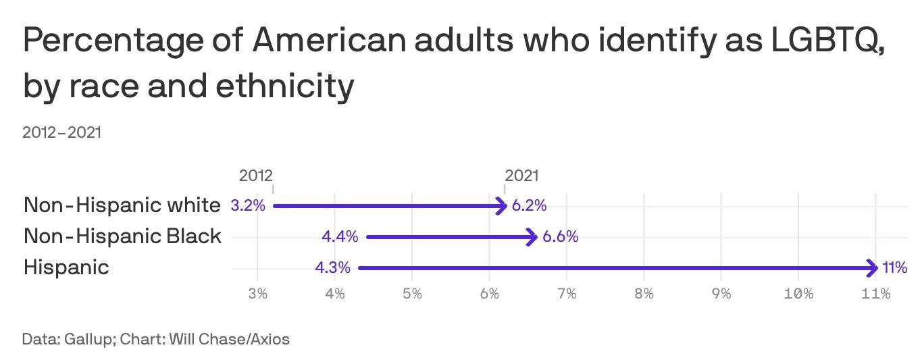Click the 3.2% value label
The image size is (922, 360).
[248, 205]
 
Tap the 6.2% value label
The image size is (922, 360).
[529, 205]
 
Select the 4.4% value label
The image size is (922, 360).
[340, 236]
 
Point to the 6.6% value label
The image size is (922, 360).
[560, 236]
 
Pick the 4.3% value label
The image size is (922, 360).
[332, 268]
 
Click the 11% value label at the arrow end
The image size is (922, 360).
[895, 268]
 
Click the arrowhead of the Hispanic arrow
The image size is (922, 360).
[874, 268]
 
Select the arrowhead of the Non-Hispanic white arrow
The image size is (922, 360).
[503, 205]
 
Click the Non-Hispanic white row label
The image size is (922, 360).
[122, 205]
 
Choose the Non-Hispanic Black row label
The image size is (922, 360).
[122, 236]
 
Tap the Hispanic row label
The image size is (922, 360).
[66, 267]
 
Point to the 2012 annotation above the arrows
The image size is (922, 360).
[256, 176]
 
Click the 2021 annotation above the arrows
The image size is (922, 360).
[521, 176]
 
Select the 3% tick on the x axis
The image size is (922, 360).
[257, 294]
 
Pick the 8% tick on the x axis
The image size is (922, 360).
[644, 294]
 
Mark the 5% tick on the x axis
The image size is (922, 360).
[412, 294]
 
